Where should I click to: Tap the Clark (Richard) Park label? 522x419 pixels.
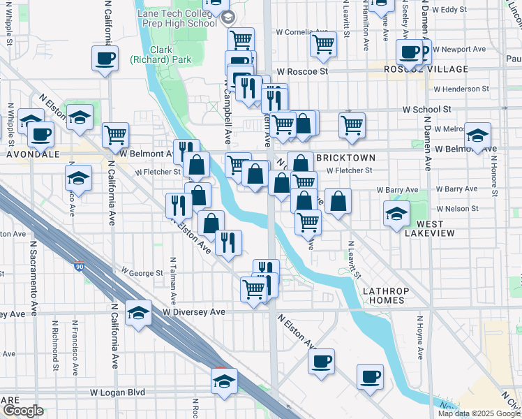coord(161,55)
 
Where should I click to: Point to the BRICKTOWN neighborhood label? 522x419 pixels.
coord(345,158)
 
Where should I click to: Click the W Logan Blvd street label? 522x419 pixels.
coord(117,392)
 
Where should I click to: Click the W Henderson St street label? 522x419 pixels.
coord(461,89)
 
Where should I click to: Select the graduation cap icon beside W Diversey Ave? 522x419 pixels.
coord(138,313)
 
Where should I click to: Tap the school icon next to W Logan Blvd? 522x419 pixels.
coord(224,381)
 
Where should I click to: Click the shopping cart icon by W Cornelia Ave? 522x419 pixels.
coord(323,44)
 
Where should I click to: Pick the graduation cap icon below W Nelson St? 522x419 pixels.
coord(396,214)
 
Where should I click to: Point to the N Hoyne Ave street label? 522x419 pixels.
coord(419,338)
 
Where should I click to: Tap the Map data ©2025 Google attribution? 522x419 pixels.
coord(479,413)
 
